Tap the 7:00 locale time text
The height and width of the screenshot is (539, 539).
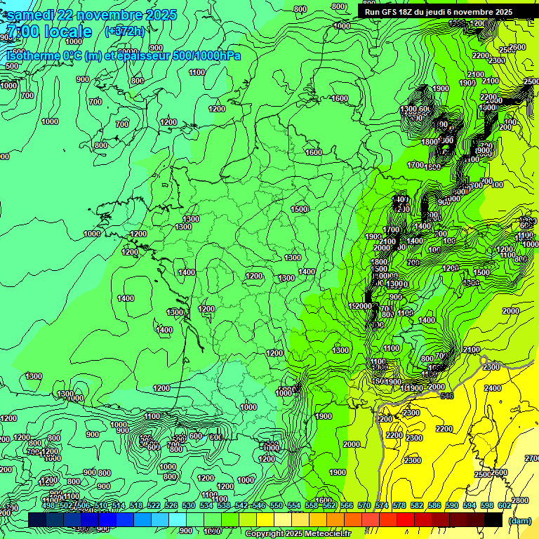[x=48, y=32]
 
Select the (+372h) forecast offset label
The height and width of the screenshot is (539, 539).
[x=124, y=31]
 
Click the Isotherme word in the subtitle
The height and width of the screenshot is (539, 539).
[x=32, y=55]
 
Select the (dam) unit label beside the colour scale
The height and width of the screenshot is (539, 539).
[x=519, y=521]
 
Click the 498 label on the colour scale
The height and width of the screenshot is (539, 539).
[x=48, y=505]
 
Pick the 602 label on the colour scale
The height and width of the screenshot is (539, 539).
[x=505, y=505]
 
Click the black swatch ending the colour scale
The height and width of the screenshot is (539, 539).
[x=493, y=519]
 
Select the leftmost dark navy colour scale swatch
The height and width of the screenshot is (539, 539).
[x=37, y=519]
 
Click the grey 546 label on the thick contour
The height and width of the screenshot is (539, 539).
[x=447, y=396]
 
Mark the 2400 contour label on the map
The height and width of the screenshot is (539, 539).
[x=493, y=387]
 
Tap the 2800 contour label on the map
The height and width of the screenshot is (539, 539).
[x=520, y=500]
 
